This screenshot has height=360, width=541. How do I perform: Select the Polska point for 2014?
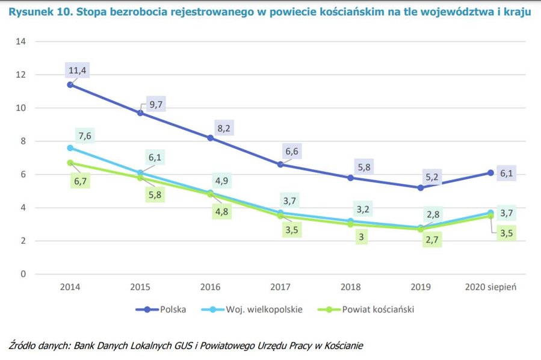click(x=70, y=85)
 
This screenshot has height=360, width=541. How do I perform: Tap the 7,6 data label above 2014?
click(x=84, y=135)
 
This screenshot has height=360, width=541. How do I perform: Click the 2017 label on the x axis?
click(x=282, y=287)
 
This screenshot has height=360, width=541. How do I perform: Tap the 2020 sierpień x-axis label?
click(x=492, y=287)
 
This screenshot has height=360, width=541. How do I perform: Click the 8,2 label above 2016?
click(x=224, y=128)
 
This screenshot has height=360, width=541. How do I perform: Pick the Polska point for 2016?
click(x=211, y=138)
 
